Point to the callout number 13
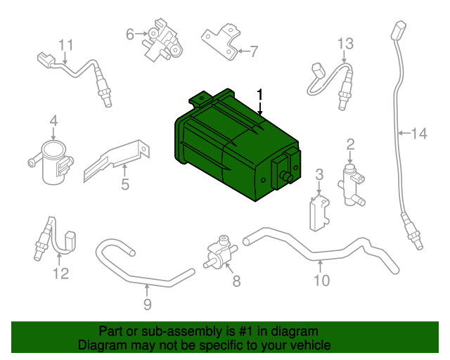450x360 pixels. tap(344, 44)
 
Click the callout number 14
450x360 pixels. tap(419, 133)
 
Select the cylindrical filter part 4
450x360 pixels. tap(50, 160)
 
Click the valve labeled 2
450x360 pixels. tap(352, 181)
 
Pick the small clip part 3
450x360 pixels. tap(319, 212)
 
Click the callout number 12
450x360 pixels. tap(62, 274)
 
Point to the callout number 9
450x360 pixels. tap(147, 304)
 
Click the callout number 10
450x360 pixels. tap(321, 281)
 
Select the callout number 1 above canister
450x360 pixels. tap(260, 94)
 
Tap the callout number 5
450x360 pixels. tap(124, 186)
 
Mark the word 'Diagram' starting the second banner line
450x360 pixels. tap(101, 346)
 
